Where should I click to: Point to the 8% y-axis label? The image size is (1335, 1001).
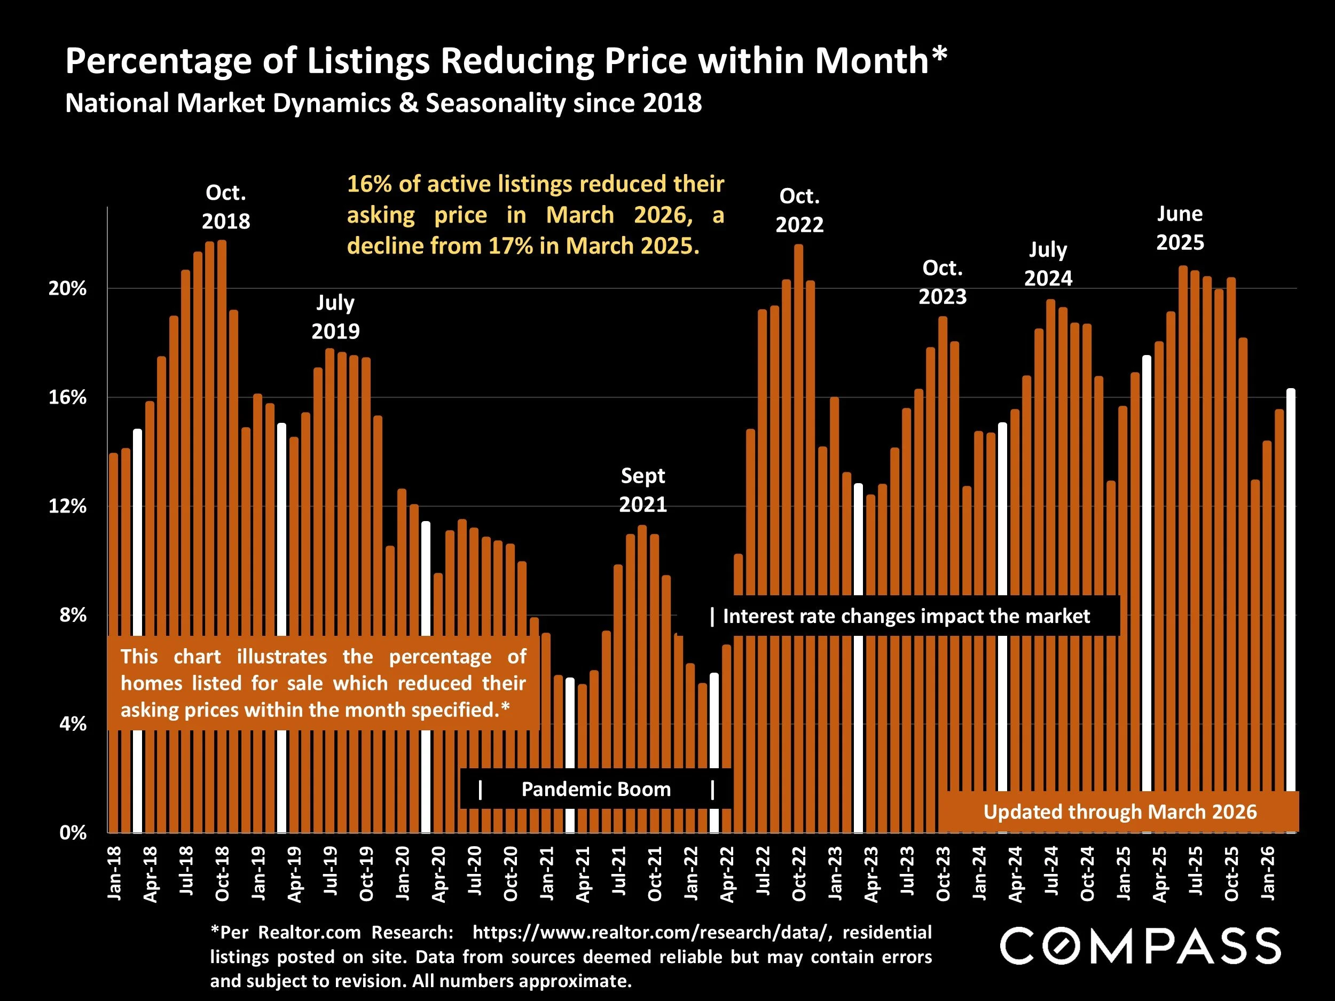click(73, 616)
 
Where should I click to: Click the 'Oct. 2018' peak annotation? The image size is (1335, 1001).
click(226, 207)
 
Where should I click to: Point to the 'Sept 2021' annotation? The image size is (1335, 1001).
click(643, 490)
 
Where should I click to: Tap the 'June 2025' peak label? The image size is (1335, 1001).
click(1180, 228)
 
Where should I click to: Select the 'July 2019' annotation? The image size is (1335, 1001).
click(335, 317)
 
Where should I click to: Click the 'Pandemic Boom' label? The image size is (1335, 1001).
click(596, 789)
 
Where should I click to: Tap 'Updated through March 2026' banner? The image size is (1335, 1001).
click(1120, 812)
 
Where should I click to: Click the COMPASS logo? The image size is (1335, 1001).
click(1140, 946)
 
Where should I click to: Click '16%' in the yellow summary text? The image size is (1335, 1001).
click(369, 184)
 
